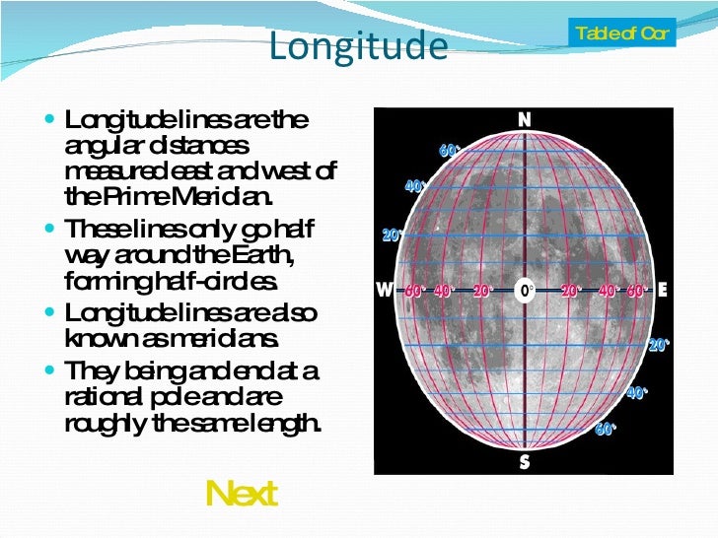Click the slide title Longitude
[358, 46]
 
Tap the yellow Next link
[242, 493]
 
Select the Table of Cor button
[622, 34]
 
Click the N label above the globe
[525, 119]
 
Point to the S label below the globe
[525, 461]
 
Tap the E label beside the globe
[662, 290]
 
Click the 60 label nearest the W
[413, 291]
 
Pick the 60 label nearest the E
[636, 291]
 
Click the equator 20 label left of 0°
[481, 291]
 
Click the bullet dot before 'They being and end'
[53, 371]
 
